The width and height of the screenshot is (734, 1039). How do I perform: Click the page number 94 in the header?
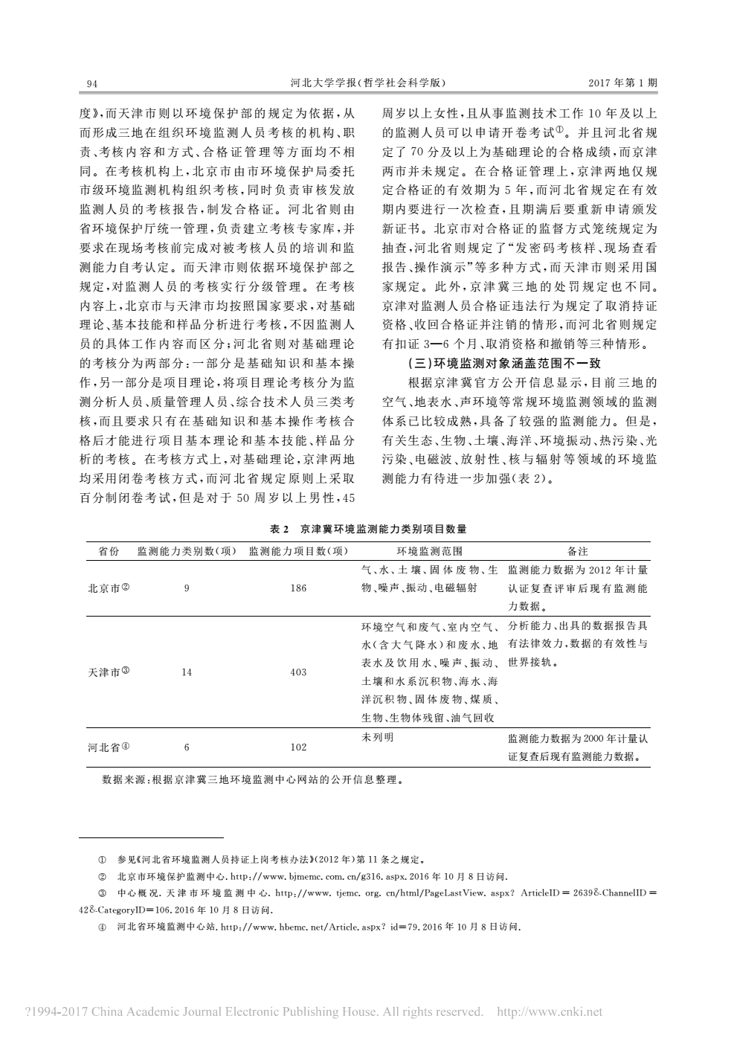click(92, 84)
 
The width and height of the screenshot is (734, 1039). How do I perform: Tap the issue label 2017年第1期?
click(622, 83)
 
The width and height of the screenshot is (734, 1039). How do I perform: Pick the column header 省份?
click(109, 551)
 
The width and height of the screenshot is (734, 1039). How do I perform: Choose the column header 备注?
click(577, 551)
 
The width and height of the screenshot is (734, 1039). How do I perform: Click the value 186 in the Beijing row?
click(298, 588)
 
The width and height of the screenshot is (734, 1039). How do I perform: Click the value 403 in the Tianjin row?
click(298, 672)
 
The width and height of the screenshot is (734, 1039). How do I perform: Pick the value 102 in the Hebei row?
click(298, 747)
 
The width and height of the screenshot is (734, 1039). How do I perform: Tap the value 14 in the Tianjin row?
click(186, 672)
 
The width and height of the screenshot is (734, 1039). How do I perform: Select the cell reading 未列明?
click(378, 737)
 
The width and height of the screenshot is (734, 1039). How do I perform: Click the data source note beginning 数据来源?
click(253, 781)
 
